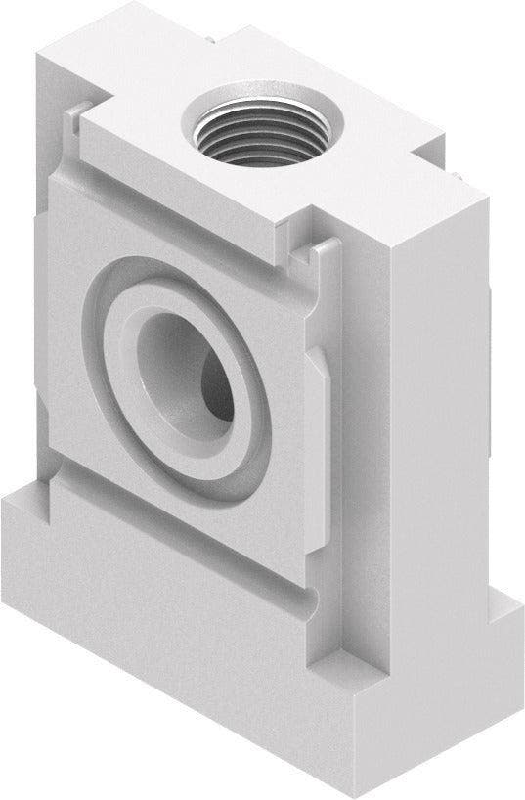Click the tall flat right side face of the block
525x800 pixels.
(445, 391)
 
